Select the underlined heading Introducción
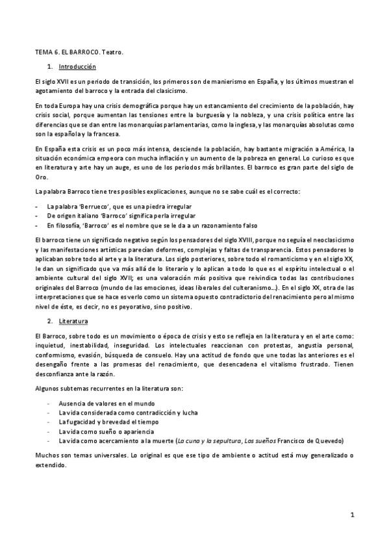click(x=77, y=66)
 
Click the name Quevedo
click(x=328, y=440)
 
